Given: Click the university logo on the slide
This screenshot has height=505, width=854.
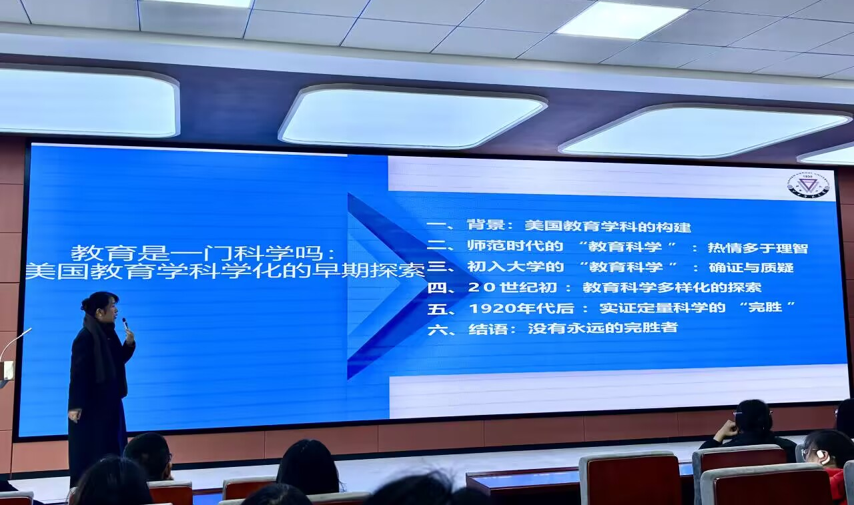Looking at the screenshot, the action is tap(809, 185).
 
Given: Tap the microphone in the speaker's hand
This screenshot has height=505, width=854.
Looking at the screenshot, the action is tap(125, 324).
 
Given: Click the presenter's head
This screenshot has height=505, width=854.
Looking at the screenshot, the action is tap(101, 308).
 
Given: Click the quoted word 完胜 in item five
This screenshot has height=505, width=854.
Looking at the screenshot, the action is tap(765, 307).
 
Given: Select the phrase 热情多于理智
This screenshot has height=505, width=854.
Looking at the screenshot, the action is tap(758, 248).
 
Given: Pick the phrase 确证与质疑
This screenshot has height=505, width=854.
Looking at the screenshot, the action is tap(751, 267).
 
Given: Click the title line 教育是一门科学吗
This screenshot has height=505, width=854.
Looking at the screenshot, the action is tap(203, 252).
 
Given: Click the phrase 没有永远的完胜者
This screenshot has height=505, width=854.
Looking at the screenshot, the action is tap(602, 328).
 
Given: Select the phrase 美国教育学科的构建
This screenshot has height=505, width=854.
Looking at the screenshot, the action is tap(608, 226).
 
